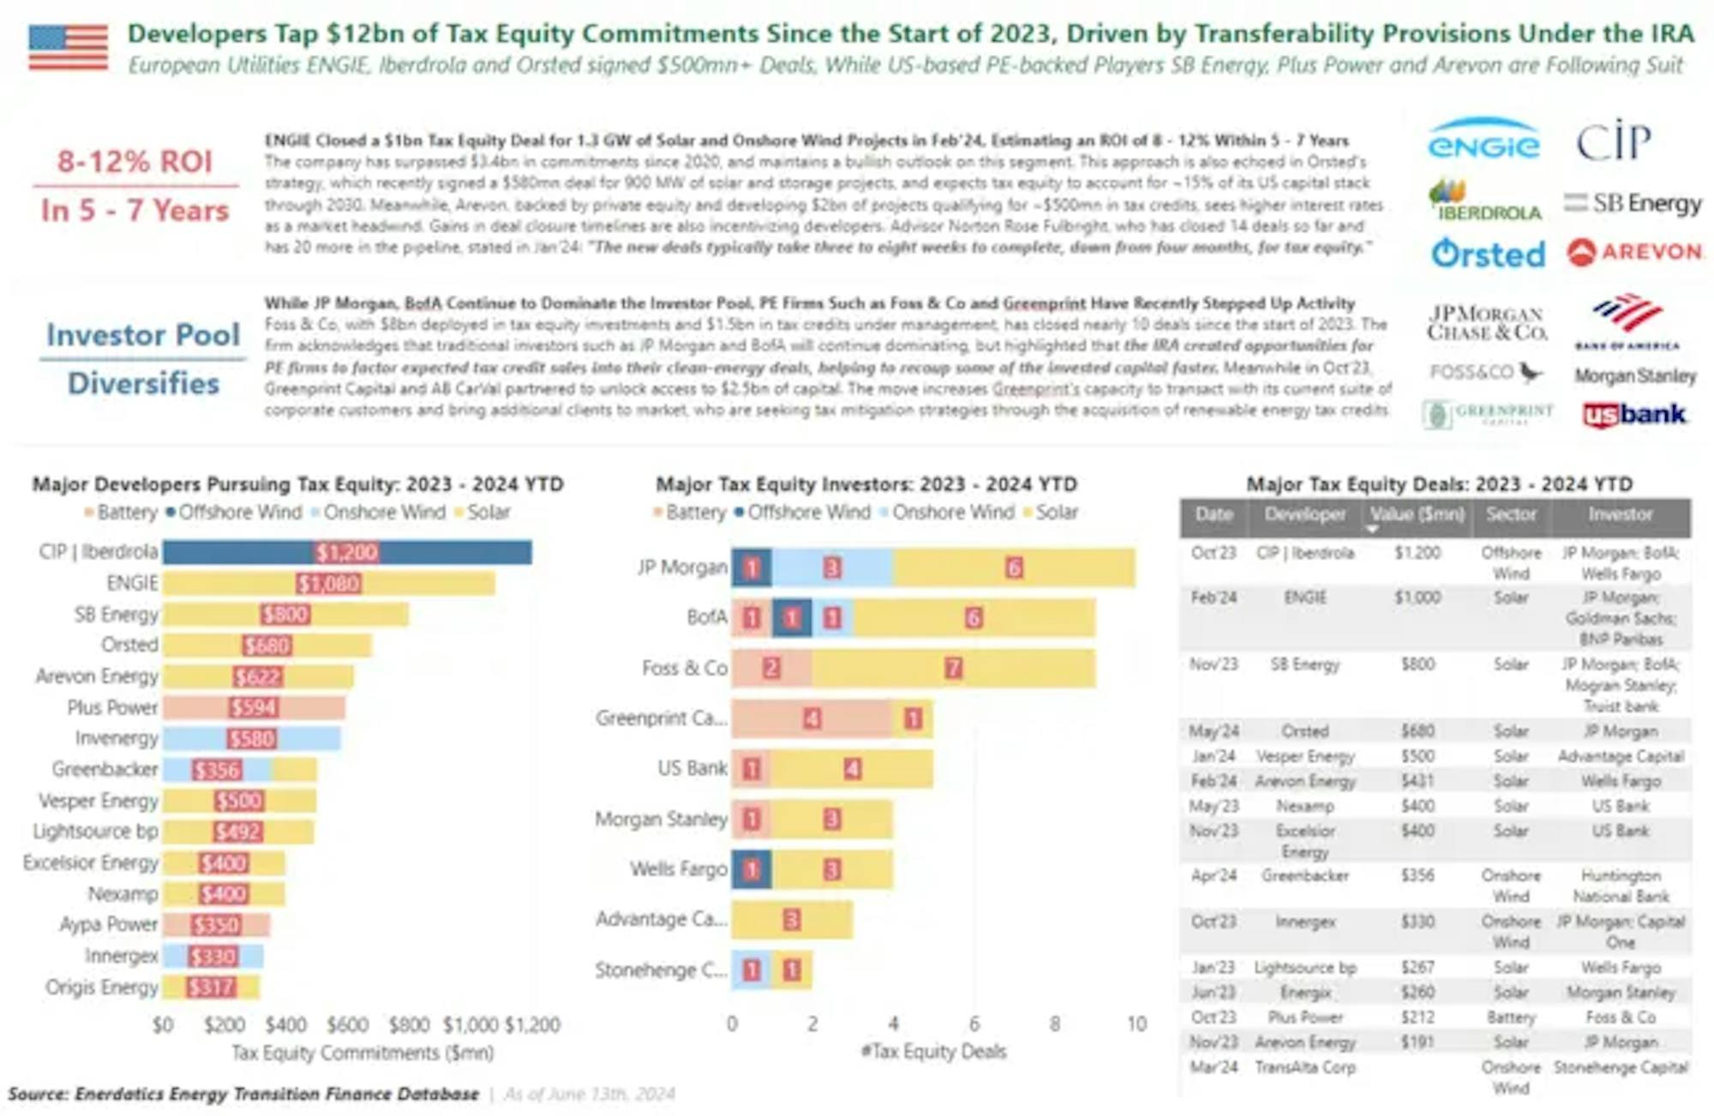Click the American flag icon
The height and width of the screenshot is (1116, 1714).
tap(68, 47)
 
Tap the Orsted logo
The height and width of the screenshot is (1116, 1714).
tap(1488, 254)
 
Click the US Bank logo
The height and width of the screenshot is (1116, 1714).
tap(1634, 415)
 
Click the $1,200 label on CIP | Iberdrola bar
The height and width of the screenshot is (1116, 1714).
tap(347, 552)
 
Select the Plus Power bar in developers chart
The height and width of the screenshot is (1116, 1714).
tap(254, 707)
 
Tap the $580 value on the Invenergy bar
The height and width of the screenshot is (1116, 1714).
tap(252, 739)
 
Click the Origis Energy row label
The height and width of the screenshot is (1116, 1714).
tap(101, 987)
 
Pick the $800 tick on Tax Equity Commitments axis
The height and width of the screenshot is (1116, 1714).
tap(409, 1024)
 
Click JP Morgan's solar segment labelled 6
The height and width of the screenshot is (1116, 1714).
tap(1014, 567)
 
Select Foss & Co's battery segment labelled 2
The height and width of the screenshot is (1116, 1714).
tap(771, 669)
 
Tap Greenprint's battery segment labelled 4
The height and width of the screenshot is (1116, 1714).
tap(811, 718)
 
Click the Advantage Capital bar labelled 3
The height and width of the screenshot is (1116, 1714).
tap(791, 921)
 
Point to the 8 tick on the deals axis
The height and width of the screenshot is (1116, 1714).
tap(1055, 1023)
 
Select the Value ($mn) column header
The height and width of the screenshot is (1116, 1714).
tap(1417, 514)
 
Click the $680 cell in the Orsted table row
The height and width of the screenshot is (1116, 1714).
tap(1417, 731)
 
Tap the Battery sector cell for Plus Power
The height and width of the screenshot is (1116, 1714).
tap(1510, 1017)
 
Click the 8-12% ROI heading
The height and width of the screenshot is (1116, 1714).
tap(135, 161)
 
